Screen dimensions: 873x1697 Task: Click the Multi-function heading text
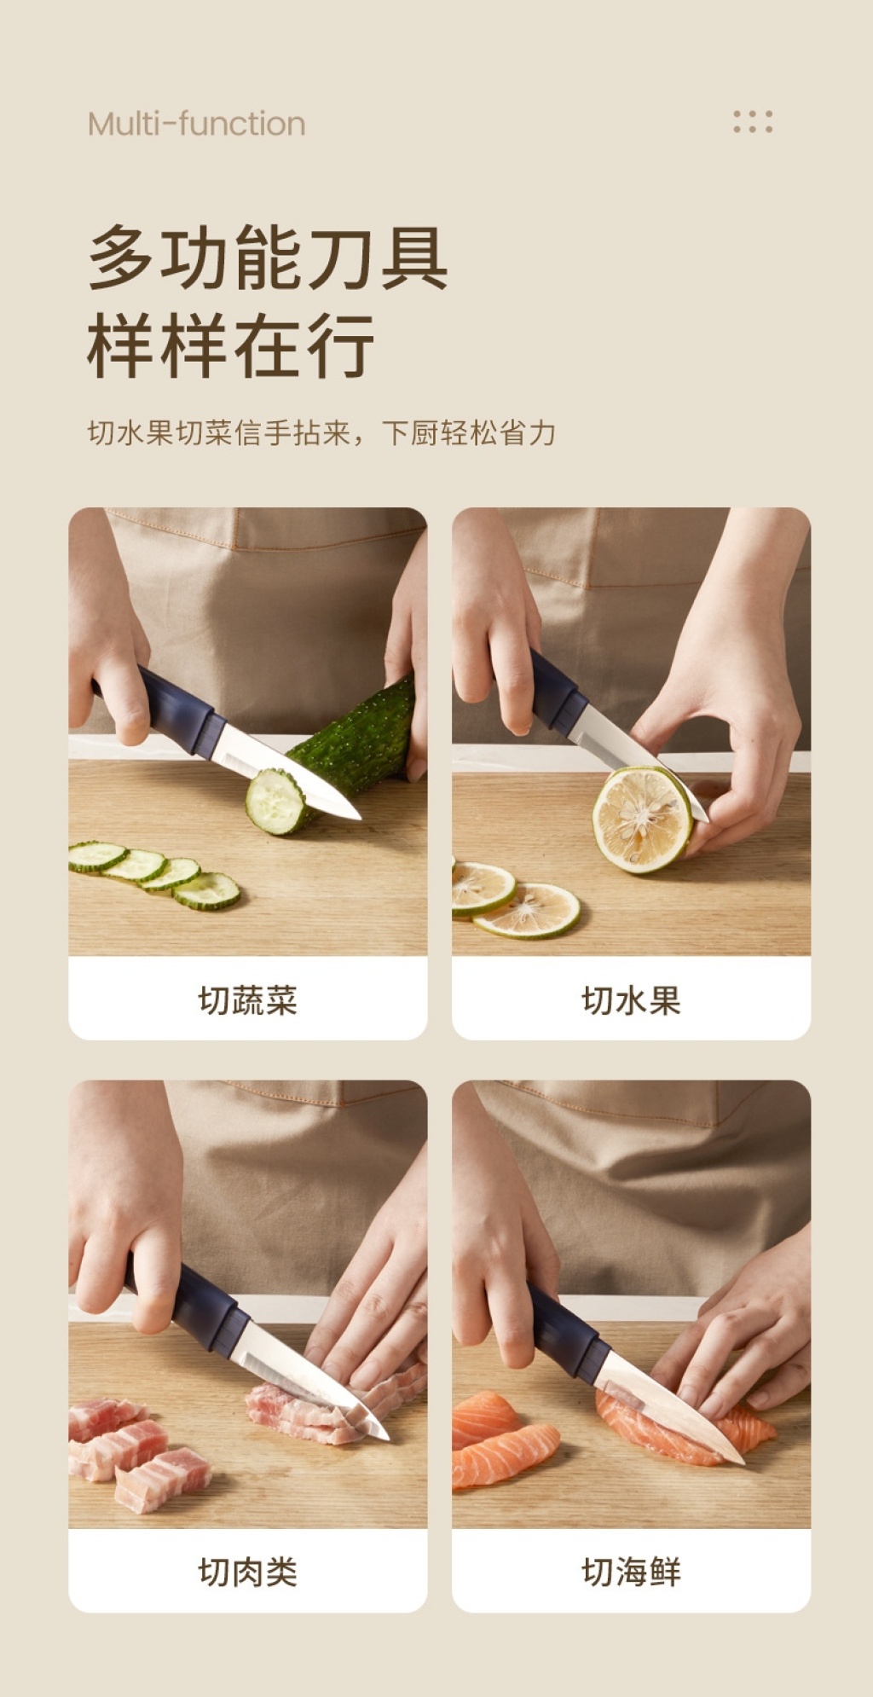point(196,124)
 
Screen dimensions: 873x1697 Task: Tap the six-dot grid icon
point(753,122)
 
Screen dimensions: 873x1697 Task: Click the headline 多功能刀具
point(268,258)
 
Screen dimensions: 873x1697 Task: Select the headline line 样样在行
point(231,345)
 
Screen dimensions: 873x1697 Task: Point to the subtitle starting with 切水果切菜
point(321,433)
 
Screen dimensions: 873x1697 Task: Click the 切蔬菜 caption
point(247,999)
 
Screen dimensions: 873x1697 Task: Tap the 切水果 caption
point(631,999)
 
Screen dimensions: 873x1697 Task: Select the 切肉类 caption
point(247,1572)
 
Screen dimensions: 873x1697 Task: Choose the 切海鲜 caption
point(631,1572)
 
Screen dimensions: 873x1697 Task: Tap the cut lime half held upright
point(642,819)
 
